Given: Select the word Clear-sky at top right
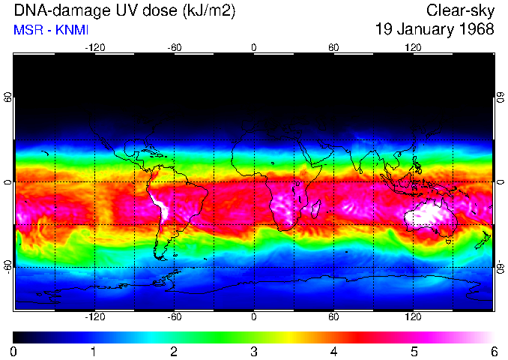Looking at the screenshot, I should pos(460,10).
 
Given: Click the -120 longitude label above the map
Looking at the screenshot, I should pos(94,47).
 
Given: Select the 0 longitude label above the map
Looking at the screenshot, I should pos(254,47).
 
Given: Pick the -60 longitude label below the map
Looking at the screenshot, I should pos(174,316).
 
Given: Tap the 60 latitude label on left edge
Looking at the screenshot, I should pos(7,98).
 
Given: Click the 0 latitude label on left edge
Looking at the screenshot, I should pos(7,182).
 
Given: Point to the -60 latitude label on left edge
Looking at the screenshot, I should pos(7,266).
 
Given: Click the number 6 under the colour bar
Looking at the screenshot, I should pos(494,351).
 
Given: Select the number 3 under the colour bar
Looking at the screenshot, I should pos(254,351).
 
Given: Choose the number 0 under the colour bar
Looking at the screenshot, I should pos(14,351).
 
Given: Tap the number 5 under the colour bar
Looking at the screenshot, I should pos(414,351).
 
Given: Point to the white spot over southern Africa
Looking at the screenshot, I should pos(285,204).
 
